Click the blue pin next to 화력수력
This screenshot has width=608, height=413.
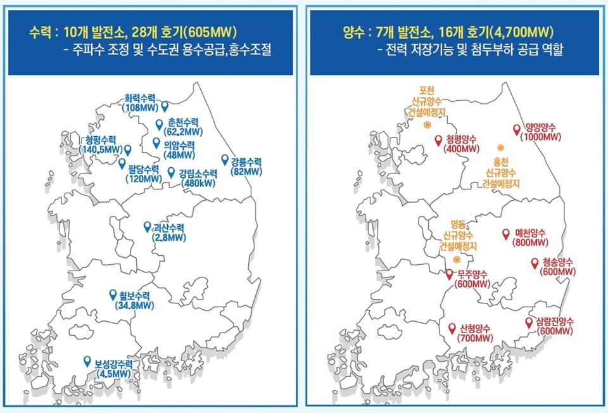165,106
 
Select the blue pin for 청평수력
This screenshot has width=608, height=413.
127,149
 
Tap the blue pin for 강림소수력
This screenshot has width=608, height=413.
171,172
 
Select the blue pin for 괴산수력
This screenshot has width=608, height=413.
148,226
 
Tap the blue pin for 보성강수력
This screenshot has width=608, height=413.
87,361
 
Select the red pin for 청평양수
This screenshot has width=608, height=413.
438,141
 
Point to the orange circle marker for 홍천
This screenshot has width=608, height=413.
500,147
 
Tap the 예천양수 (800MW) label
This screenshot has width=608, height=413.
531,236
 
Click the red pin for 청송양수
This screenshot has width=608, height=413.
535,262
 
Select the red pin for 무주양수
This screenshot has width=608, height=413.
449,274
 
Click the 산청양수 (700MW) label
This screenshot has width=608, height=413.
476,333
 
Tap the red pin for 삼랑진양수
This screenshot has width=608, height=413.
529,322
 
